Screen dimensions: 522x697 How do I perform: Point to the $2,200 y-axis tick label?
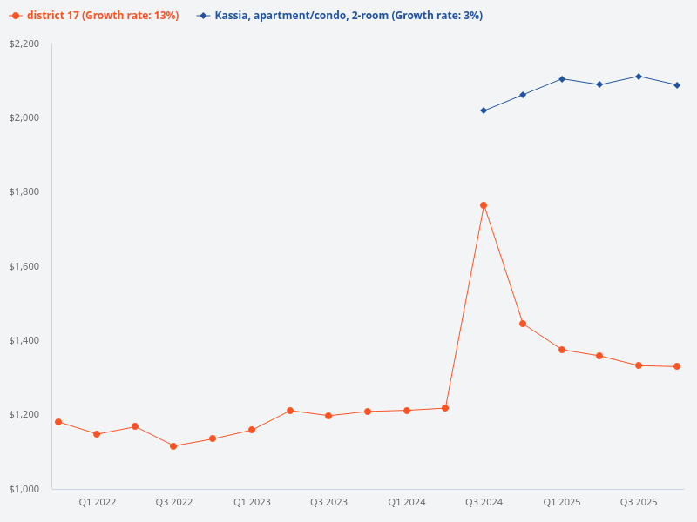tap(24, 43)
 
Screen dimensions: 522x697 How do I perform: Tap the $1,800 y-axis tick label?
tap(24, 191)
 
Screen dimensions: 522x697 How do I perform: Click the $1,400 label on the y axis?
tap(24, 340)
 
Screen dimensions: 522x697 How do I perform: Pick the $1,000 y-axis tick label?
tap(24, 489)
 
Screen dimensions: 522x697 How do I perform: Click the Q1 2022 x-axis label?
tap(98, 502)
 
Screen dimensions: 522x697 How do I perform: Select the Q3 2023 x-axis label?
tap(328, 502)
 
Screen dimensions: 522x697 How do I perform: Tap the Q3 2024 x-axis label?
tap(484, 502)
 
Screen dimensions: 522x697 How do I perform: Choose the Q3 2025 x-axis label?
tap(639, 502)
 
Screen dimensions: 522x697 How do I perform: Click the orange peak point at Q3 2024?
tap(484, 205)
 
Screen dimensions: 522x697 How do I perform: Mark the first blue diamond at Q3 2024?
tap(484, 110)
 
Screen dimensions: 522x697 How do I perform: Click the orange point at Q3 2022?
tap(173, 446)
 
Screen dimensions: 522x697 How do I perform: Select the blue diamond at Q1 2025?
tap(562, 79)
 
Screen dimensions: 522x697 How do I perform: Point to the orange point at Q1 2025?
tap(562, 350)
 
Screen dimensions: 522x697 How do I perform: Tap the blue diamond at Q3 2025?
tap(639, 77)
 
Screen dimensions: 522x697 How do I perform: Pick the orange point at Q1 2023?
tap(251, 430)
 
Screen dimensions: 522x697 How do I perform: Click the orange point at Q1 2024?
tap(407, 411)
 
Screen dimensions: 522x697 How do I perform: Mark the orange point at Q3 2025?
tap(639, 365)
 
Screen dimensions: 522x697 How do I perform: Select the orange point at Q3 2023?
tap(328, 416)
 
